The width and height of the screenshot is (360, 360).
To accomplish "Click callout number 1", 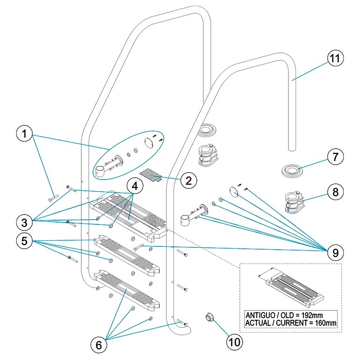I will coord(25,135).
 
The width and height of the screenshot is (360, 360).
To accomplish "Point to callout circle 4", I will coord(135,186).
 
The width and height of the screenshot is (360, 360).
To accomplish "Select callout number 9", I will coord(334,252).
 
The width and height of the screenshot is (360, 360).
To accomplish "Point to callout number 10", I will coord(234,341).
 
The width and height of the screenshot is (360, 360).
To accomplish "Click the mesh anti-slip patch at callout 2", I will coord(153,174).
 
